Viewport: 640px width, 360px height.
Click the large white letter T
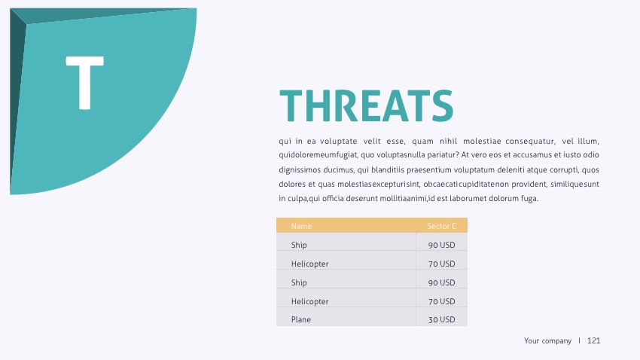pos(84,83)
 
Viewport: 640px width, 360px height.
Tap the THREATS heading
pos(366,105)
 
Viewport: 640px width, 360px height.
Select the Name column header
pos(301,226)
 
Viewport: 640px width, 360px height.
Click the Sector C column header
pos(441,226)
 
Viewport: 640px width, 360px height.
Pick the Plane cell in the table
pos(300,319)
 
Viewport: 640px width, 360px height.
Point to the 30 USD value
pos(441,319)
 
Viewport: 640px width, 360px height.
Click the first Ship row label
pos(299,245)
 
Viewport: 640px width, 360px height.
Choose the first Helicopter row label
pos(309,264)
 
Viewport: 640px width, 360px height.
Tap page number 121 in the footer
pos(593,341)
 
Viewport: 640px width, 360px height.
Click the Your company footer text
pos(547,341)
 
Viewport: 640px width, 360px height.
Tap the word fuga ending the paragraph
pos(529,198)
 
